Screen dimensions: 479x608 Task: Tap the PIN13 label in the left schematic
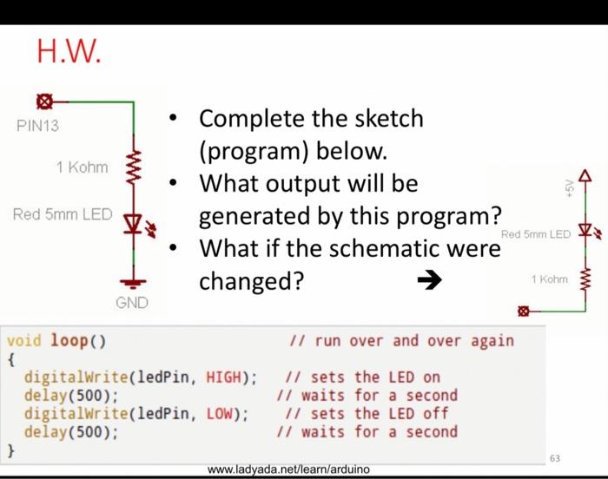[x=37, y=126]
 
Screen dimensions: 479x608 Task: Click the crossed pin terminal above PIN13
[x=44, y=102]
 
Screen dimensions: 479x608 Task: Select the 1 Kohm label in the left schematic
[x=82, y=167]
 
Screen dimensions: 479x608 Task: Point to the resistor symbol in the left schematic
[x=134, y=167]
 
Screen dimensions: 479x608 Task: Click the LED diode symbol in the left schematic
[x=134, y=224]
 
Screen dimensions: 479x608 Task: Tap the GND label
[x=132, y=303]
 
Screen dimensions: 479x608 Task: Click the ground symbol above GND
[x=134, y=283]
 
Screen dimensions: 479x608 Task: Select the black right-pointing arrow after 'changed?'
[x=429, y=280]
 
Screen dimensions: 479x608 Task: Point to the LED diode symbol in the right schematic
[x=585, y=231]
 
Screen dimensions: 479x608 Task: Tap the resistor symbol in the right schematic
[x=585, y=279]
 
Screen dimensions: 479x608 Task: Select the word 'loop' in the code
[x=69, y=340]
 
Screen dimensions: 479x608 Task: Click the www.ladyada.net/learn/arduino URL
[x=289, y=469]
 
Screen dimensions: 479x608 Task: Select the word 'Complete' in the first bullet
[x=250, y=118]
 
